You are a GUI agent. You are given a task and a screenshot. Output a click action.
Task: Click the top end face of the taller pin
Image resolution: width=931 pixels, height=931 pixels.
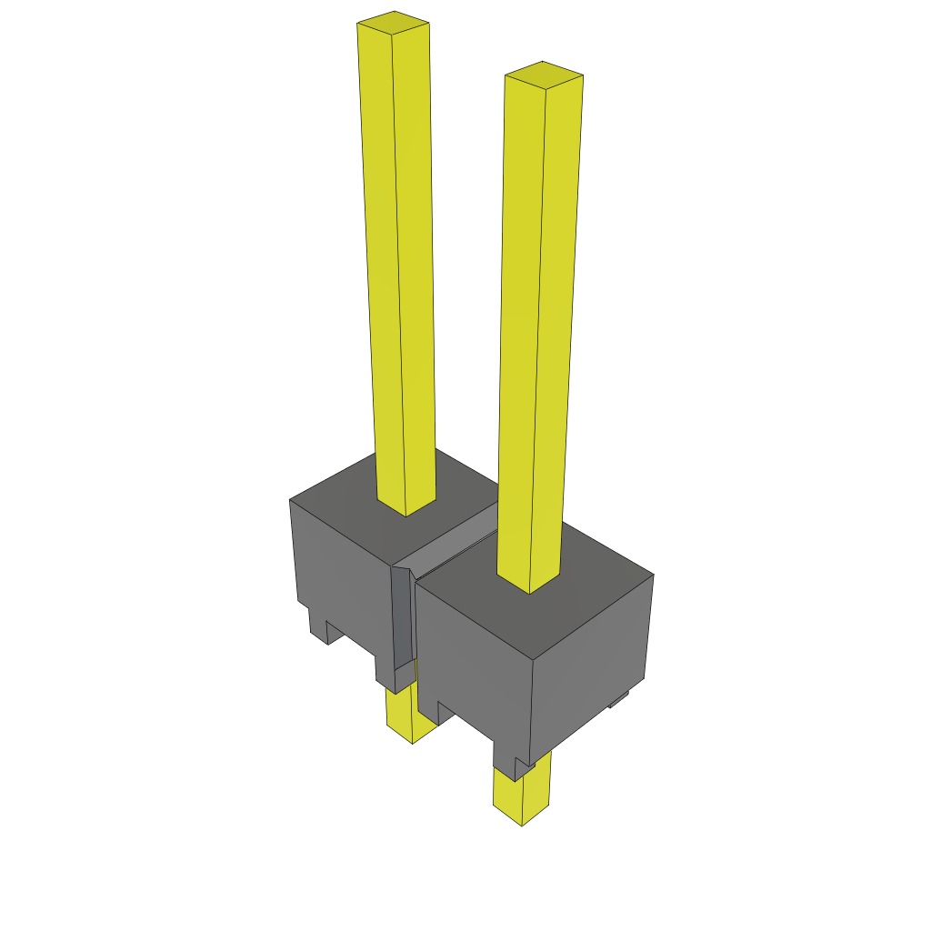(393, 23)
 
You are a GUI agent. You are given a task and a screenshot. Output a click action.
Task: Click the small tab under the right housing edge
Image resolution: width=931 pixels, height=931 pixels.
(619, 698)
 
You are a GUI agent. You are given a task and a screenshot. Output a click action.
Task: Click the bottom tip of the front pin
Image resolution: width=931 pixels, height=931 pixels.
(522, 824)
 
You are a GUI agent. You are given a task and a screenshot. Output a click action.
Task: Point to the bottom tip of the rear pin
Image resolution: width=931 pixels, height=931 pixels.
(412, 742)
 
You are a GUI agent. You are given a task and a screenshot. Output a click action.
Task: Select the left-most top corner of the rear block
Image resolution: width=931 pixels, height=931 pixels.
(290, 500)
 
